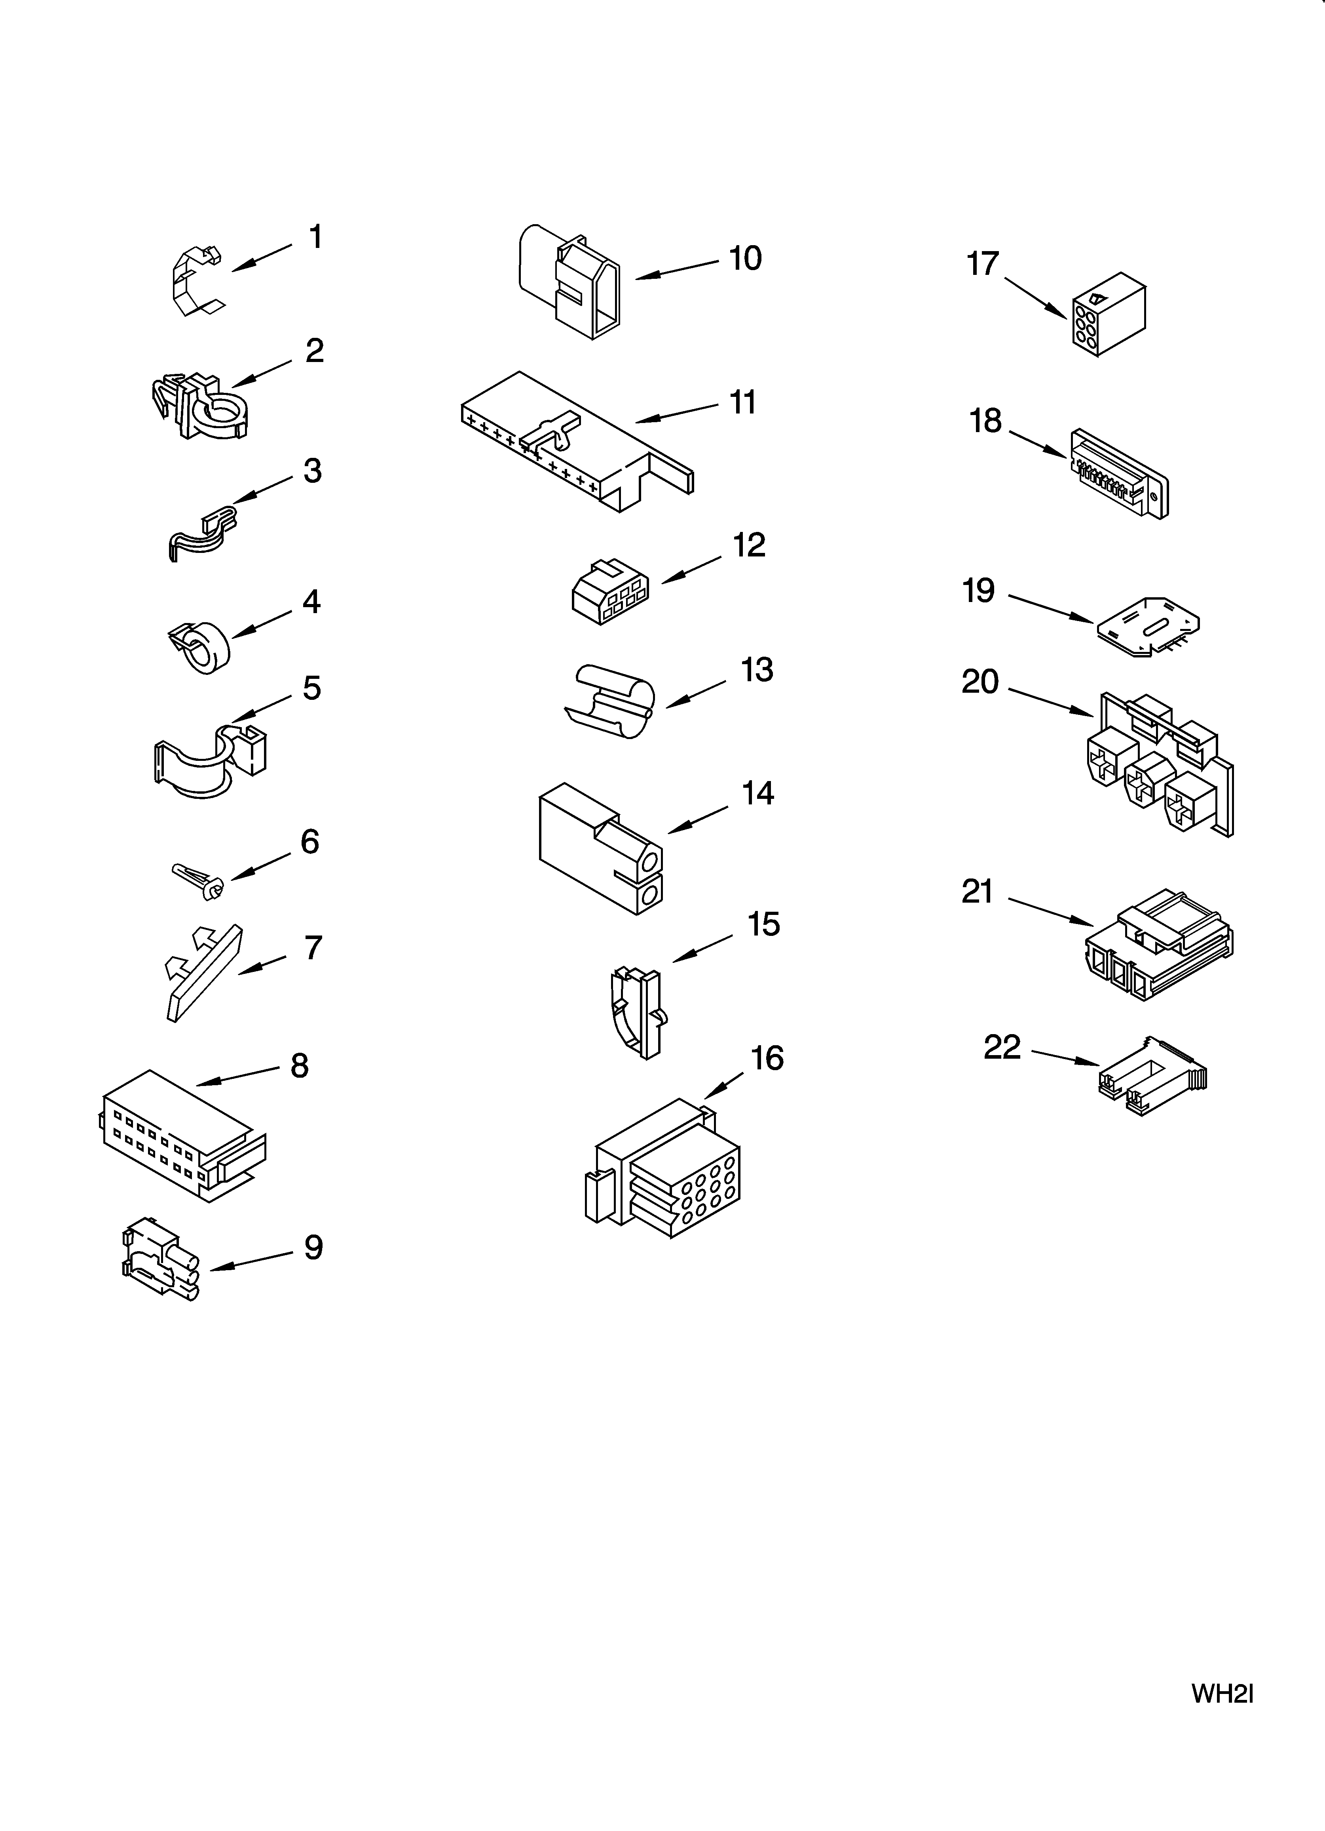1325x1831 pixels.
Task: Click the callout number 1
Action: tap(315, 237)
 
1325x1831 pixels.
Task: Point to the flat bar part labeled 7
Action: tap(204, 973)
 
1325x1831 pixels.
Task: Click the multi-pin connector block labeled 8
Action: tap(182, 1134)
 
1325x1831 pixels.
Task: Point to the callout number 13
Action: tap(757, 670)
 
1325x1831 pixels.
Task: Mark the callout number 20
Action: tap(980, 682)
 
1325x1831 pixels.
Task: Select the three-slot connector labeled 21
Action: tap(1158, 949)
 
